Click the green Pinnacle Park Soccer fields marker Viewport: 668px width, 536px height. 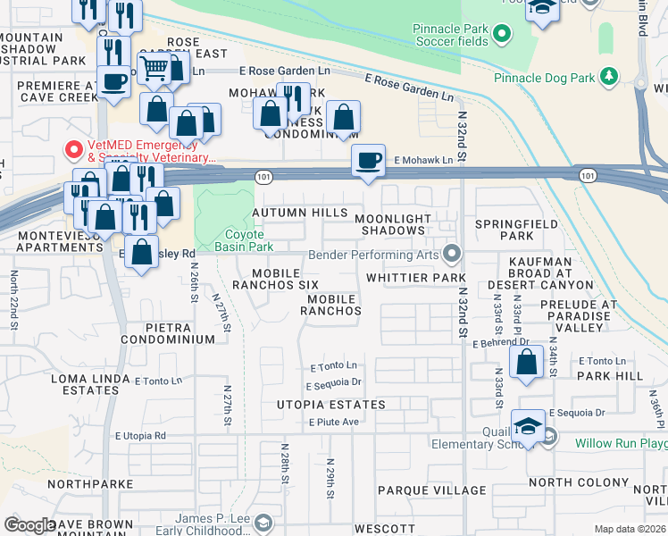[x=502, y=36]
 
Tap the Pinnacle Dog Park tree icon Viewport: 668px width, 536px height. [x=610, y=78]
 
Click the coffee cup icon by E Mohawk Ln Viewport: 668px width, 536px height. [x=368, y=161]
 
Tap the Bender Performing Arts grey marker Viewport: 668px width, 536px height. [x=452, y=255]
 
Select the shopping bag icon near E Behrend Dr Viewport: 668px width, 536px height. [x=527, y=362]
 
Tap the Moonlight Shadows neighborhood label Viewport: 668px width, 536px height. [x=392, y=224]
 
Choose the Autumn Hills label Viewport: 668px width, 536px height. [x=299, y=213]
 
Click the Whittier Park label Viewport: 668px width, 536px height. [x=411, y=279]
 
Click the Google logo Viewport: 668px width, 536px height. [x=29, y=525]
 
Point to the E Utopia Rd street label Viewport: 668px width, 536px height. [x=140, y=435]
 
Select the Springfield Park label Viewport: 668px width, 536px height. [x=516, y=230]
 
